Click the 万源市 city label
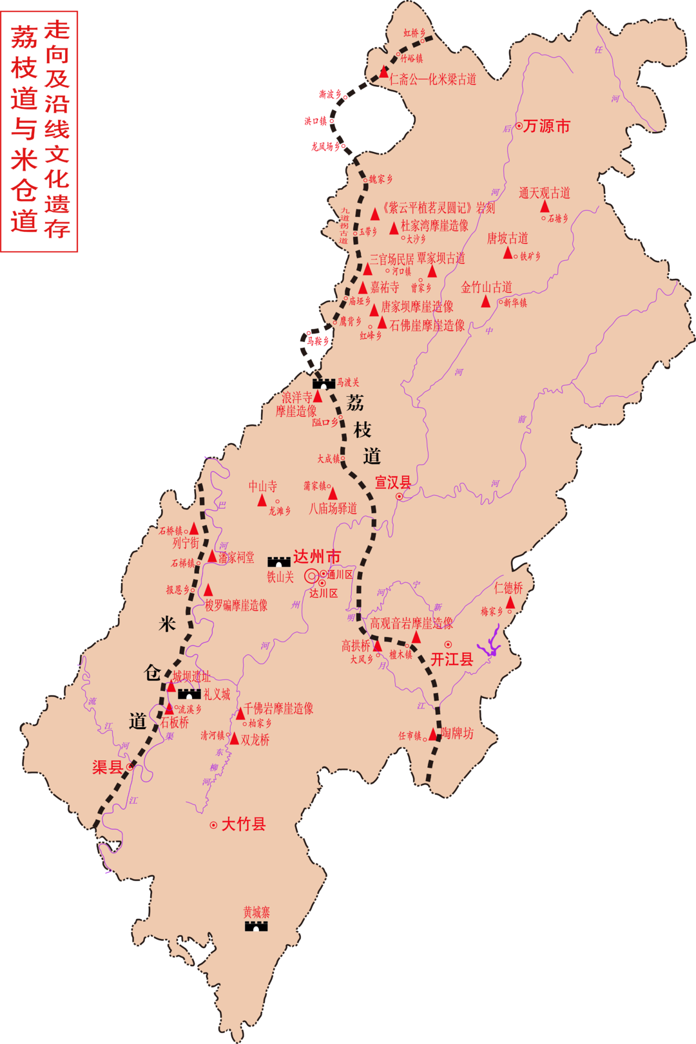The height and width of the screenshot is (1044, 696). pos(546,126)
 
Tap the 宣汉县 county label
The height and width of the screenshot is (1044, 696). pos(393,482)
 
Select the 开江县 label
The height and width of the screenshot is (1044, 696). pos(452,659)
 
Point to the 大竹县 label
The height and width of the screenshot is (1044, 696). pos(243,824)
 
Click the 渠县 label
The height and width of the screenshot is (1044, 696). pos(107,767)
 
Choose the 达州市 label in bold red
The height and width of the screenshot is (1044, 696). pos(316,556)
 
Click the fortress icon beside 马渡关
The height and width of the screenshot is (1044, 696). pos(324,383)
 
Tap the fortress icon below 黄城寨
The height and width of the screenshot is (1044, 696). pos(256,926)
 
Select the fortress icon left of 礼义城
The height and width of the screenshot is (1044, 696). pos(189,694)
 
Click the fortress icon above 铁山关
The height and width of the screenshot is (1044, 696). pos(279,562)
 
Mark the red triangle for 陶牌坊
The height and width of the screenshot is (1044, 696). pos(433,734)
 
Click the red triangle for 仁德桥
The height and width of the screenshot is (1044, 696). pos(510,603)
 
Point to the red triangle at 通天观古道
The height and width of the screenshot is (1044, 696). pos(545,206)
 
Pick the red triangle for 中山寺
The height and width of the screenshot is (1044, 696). pos(262,500)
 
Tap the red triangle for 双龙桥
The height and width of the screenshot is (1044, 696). pos(235,739)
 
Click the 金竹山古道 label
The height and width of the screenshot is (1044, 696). pos(487,287)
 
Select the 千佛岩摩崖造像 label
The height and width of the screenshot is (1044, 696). pos(278,708)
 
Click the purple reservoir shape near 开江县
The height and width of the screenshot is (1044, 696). pos(490,644)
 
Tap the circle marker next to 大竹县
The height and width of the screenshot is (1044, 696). pos(213,825)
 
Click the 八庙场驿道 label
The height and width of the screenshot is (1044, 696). pos(333,509)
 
